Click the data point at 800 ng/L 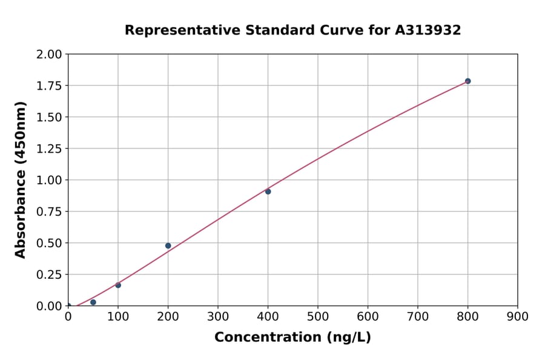(x=467, y=81)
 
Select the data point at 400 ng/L (x=268, y=192)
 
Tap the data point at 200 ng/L (x=168, y=245)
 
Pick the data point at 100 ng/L (x=118, y=285)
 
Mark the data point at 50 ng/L (x=93, y=302)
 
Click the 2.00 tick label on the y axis (x=49, y=55)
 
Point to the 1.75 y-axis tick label (x=49, y=86)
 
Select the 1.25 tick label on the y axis (x=49, y=149)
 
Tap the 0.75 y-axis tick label (x=49, y=212)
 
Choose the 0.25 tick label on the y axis (x=49, y=275)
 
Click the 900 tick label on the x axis (x=517, y=316)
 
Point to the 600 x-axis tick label (x=368, y=316)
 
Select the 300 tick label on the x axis (x=218, y=316)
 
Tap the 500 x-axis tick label (x=318, y=316)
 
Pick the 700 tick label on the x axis (x=418, y=316)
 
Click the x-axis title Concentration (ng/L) (x=292, y=338)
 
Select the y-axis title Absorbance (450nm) (x=21, y=180)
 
